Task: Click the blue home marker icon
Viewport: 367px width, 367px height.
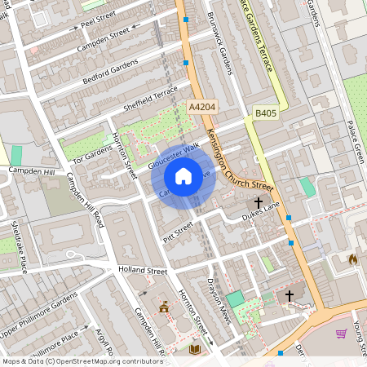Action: [x=183, y=175]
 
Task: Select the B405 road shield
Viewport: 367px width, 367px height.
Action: [x=264, y=113]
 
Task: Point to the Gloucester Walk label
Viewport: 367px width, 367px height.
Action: [x=174, y=157]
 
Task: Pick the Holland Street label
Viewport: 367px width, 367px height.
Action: [x=142, y=270]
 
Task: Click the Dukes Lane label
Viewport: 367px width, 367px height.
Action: [x=261, y=214]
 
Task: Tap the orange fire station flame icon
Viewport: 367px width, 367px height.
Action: [x=352, y=259]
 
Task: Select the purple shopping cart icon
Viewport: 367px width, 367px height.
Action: [x=341, y=334]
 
